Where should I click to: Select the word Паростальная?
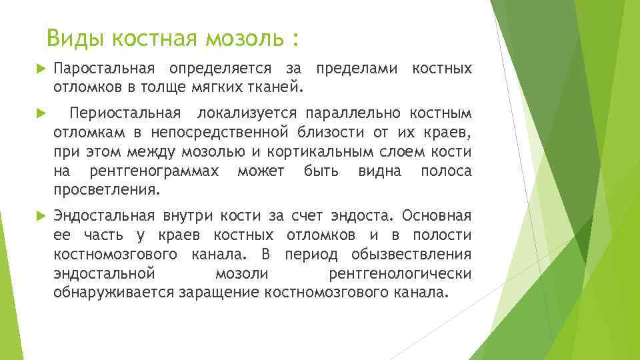pyautogui.click(x=105, y=69)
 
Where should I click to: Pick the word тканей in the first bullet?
pyautogui.click(x=274, y=86)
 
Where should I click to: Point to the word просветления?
pyautogui.click(x=107, y=191)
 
